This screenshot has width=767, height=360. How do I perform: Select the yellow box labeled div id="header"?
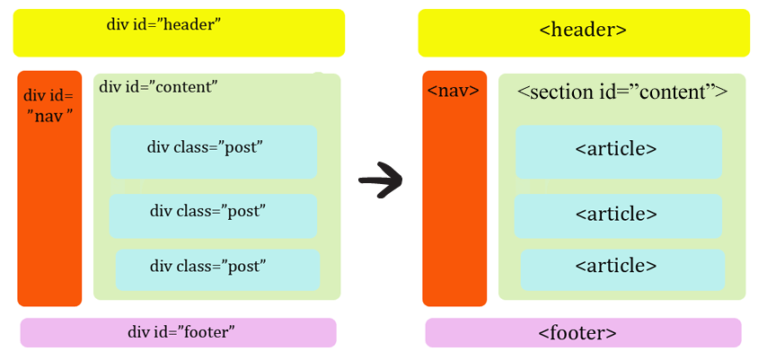179,33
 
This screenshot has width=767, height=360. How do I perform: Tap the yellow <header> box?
583,33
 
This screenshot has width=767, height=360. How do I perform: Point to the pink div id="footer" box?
179,332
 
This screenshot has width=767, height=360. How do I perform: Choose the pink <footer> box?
583,332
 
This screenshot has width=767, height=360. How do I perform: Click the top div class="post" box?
214,152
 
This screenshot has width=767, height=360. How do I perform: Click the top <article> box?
619,152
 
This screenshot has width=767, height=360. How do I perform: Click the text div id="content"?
158,87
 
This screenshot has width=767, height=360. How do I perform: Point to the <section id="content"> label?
622,92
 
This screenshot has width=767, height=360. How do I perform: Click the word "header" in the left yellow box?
191,24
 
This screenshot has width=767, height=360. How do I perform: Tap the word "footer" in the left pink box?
206,332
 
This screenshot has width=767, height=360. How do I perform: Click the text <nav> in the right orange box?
454,91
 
